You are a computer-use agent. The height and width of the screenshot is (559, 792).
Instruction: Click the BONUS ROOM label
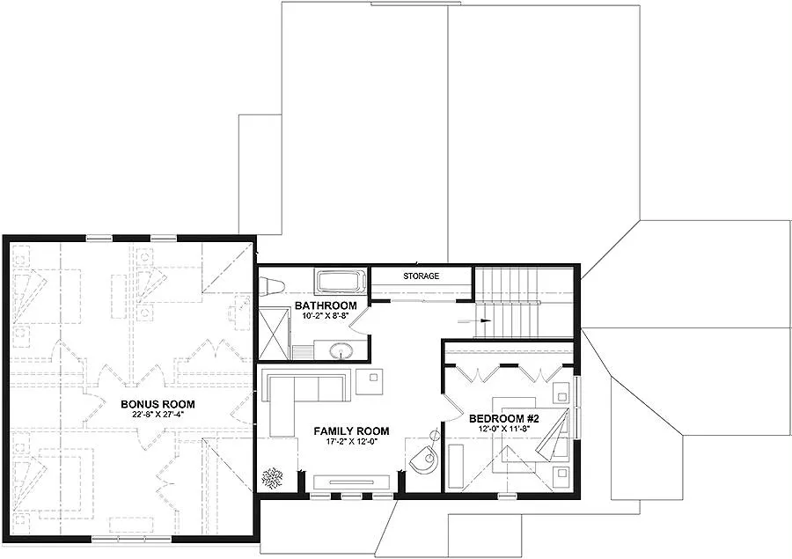[158, 404]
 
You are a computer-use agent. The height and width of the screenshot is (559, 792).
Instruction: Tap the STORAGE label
[421, 276]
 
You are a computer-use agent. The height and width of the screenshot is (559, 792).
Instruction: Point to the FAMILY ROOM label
[351, 430]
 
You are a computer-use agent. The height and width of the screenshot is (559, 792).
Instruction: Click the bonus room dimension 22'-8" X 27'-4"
[158, 415]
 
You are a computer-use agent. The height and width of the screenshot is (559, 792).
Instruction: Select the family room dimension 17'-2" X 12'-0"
[351, 441]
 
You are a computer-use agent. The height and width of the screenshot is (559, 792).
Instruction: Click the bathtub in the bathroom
[340, 283]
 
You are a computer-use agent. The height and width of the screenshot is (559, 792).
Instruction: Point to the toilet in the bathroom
[270, 284]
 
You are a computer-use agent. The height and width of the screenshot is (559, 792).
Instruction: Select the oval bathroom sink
[341, 351]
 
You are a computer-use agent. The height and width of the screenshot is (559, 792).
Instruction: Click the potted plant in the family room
[272, 477]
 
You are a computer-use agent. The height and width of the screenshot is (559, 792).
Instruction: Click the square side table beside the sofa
[372, 380]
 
